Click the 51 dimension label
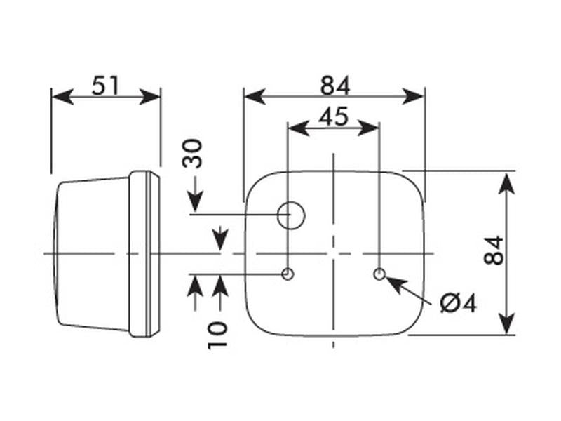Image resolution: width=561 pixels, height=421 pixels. coord(104,86)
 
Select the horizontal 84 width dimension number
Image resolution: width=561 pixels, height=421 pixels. coord(335,86)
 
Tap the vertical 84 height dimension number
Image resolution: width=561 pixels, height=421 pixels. coord(494,250)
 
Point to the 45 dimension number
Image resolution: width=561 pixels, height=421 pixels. coord(333,116)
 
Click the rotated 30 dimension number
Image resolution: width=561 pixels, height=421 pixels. coord(192,153)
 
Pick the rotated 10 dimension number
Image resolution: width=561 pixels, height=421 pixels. coord(217,335)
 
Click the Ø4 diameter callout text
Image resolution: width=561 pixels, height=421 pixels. coord(459,303)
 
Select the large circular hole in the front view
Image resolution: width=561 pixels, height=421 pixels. coord(291,215)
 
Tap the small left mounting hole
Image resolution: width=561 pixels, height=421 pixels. coord(288,274)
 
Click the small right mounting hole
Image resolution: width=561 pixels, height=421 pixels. coord(379,274)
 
